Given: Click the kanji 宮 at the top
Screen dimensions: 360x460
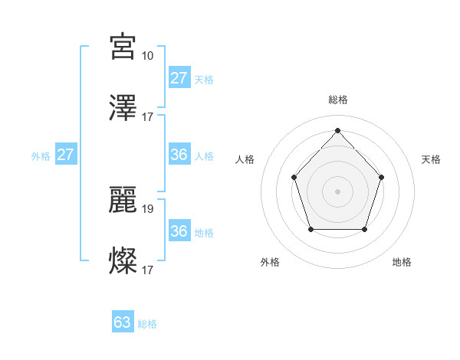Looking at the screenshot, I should tap(123, 47).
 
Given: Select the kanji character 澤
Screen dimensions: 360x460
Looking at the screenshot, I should tap(123, 109).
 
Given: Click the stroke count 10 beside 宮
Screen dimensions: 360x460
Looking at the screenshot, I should tap(147, 55).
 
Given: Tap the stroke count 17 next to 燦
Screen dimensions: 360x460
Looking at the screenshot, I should tap(147, 270).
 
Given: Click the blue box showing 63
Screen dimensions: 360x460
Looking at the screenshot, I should tap(123, 322).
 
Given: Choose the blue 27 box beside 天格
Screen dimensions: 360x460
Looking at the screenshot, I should tap(179, 78).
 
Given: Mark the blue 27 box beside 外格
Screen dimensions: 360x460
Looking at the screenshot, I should tap(66, 155).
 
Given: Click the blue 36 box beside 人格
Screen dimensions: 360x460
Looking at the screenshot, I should tap(179, 155).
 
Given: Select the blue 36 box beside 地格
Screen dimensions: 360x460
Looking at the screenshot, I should tap(179, 231).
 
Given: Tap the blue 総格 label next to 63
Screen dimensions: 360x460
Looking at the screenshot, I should tap(147, 324).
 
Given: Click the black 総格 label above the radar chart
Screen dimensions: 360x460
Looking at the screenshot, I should tap(338, 100).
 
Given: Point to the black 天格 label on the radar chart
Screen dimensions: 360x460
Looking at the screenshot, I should tap(431, 159).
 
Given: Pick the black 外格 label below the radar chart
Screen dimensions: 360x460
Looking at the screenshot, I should tap(270, 262).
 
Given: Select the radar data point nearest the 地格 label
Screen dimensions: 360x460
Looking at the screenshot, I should tap(364, 229).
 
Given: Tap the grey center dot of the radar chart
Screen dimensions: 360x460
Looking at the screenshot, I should tap(337, 191).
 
